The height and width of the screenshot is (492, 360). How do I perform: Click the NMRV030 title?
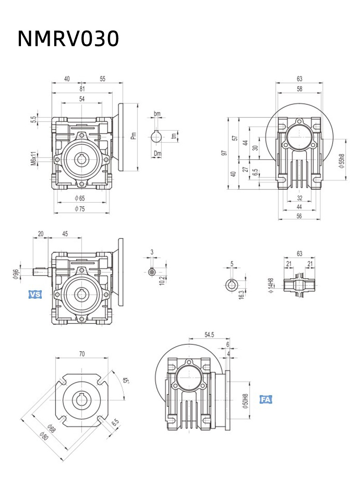pyautogui.click(x=68, y=39)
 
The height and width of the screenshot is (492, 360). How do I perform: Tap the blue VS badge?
pyautogui.click(x=35, y=295)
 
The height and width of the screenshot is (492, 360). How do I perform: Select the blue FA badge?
pyautogui.click(x=266, y=400)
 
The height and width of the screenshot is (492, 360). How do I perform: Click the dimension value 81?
pyautogui.click(x=82, y=89)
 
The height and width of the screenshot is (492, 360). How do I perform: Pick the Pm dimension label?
pyautogui.click(x=133, y=135)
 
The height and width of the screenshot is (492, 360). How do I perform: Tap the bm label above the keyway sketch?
pyautogui.click(x=157, y=113)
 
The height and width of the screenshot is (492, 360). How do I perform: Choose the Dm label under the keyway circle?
pyautogui.click(x=157, y=154)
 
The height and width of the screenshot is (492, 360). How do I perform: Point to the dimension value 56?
pyautogui.click(x=299, y=216)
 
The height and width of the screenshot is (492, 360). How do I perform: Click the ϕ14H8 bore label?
pyautogui.click(x=272, y=286)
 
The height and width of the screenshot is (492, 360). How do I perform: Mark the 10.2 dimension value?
pyautogui.click(x=161, y=280)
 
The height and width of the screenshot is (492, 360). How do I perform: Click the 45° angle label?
pyautogui.click(x=125, y=380)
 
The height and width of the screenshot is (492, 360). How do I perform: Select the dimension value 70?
pyautogui.click(x=82, y=353)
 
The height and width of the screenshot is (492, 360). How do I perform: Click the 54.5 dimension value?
pyautogui.click(x=209, y=335)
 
